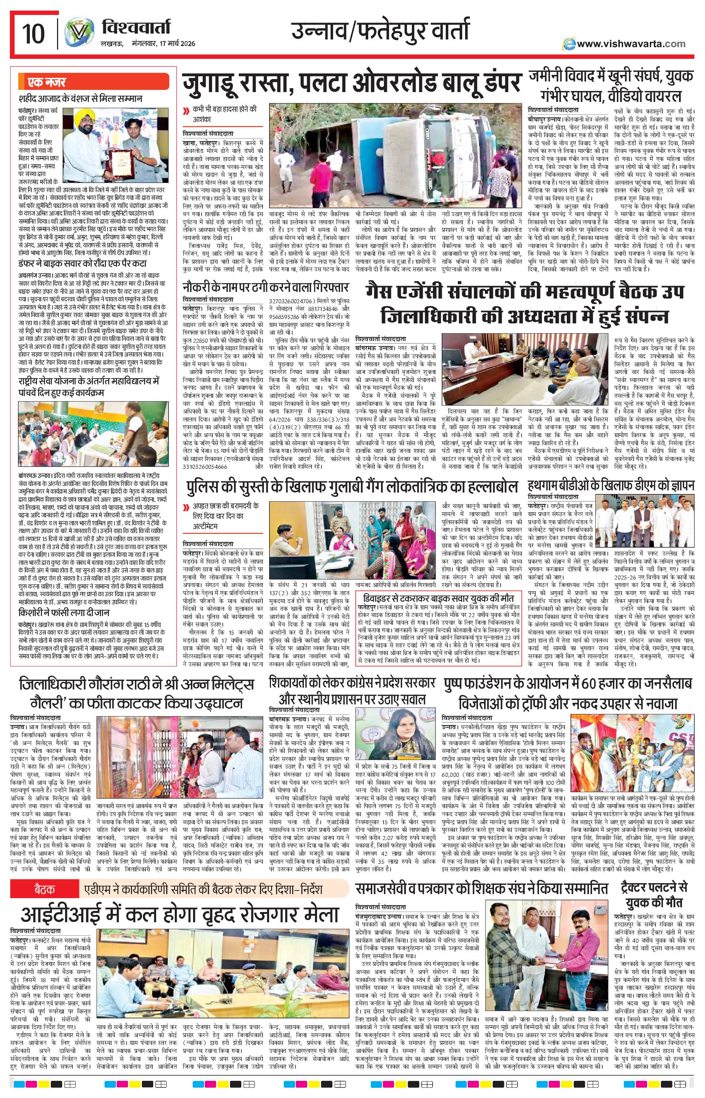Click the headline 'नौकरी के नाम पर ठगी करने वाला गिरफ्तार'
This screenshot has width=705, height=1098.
coord(265,288)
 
